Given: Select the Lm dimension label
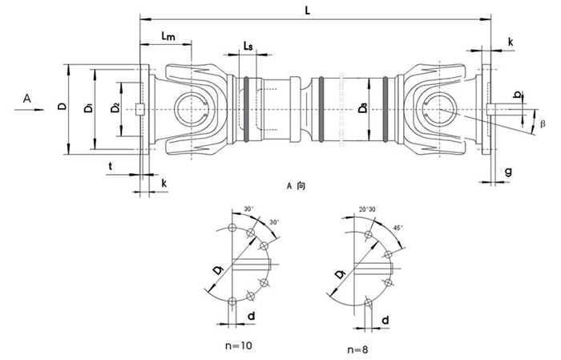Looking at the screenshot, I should tap(168, 36).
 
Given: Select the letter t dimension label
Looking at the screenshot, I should tap(111, 166).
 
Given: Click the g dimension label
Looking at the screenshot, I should tap(509, 171).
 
